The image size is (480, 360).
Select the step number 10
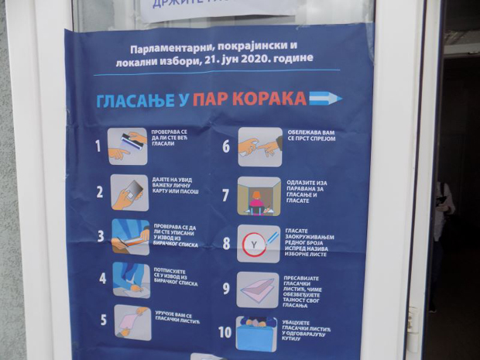coord(225,332)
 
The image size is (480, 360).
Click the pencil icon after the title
coord(325,98)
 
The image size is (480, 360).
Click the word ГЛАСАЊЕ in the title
coord(132,101)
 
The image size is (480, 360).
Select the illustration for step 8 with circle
coord(258,242)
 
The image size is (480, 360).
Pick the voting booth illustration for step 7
coord(259,196)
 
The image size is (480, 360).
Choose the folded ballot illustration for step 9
coord(258,289)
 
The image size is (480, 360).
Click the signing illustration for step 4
coord(131,279)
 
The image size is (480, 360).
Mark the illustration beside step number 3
coord(130,236)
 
